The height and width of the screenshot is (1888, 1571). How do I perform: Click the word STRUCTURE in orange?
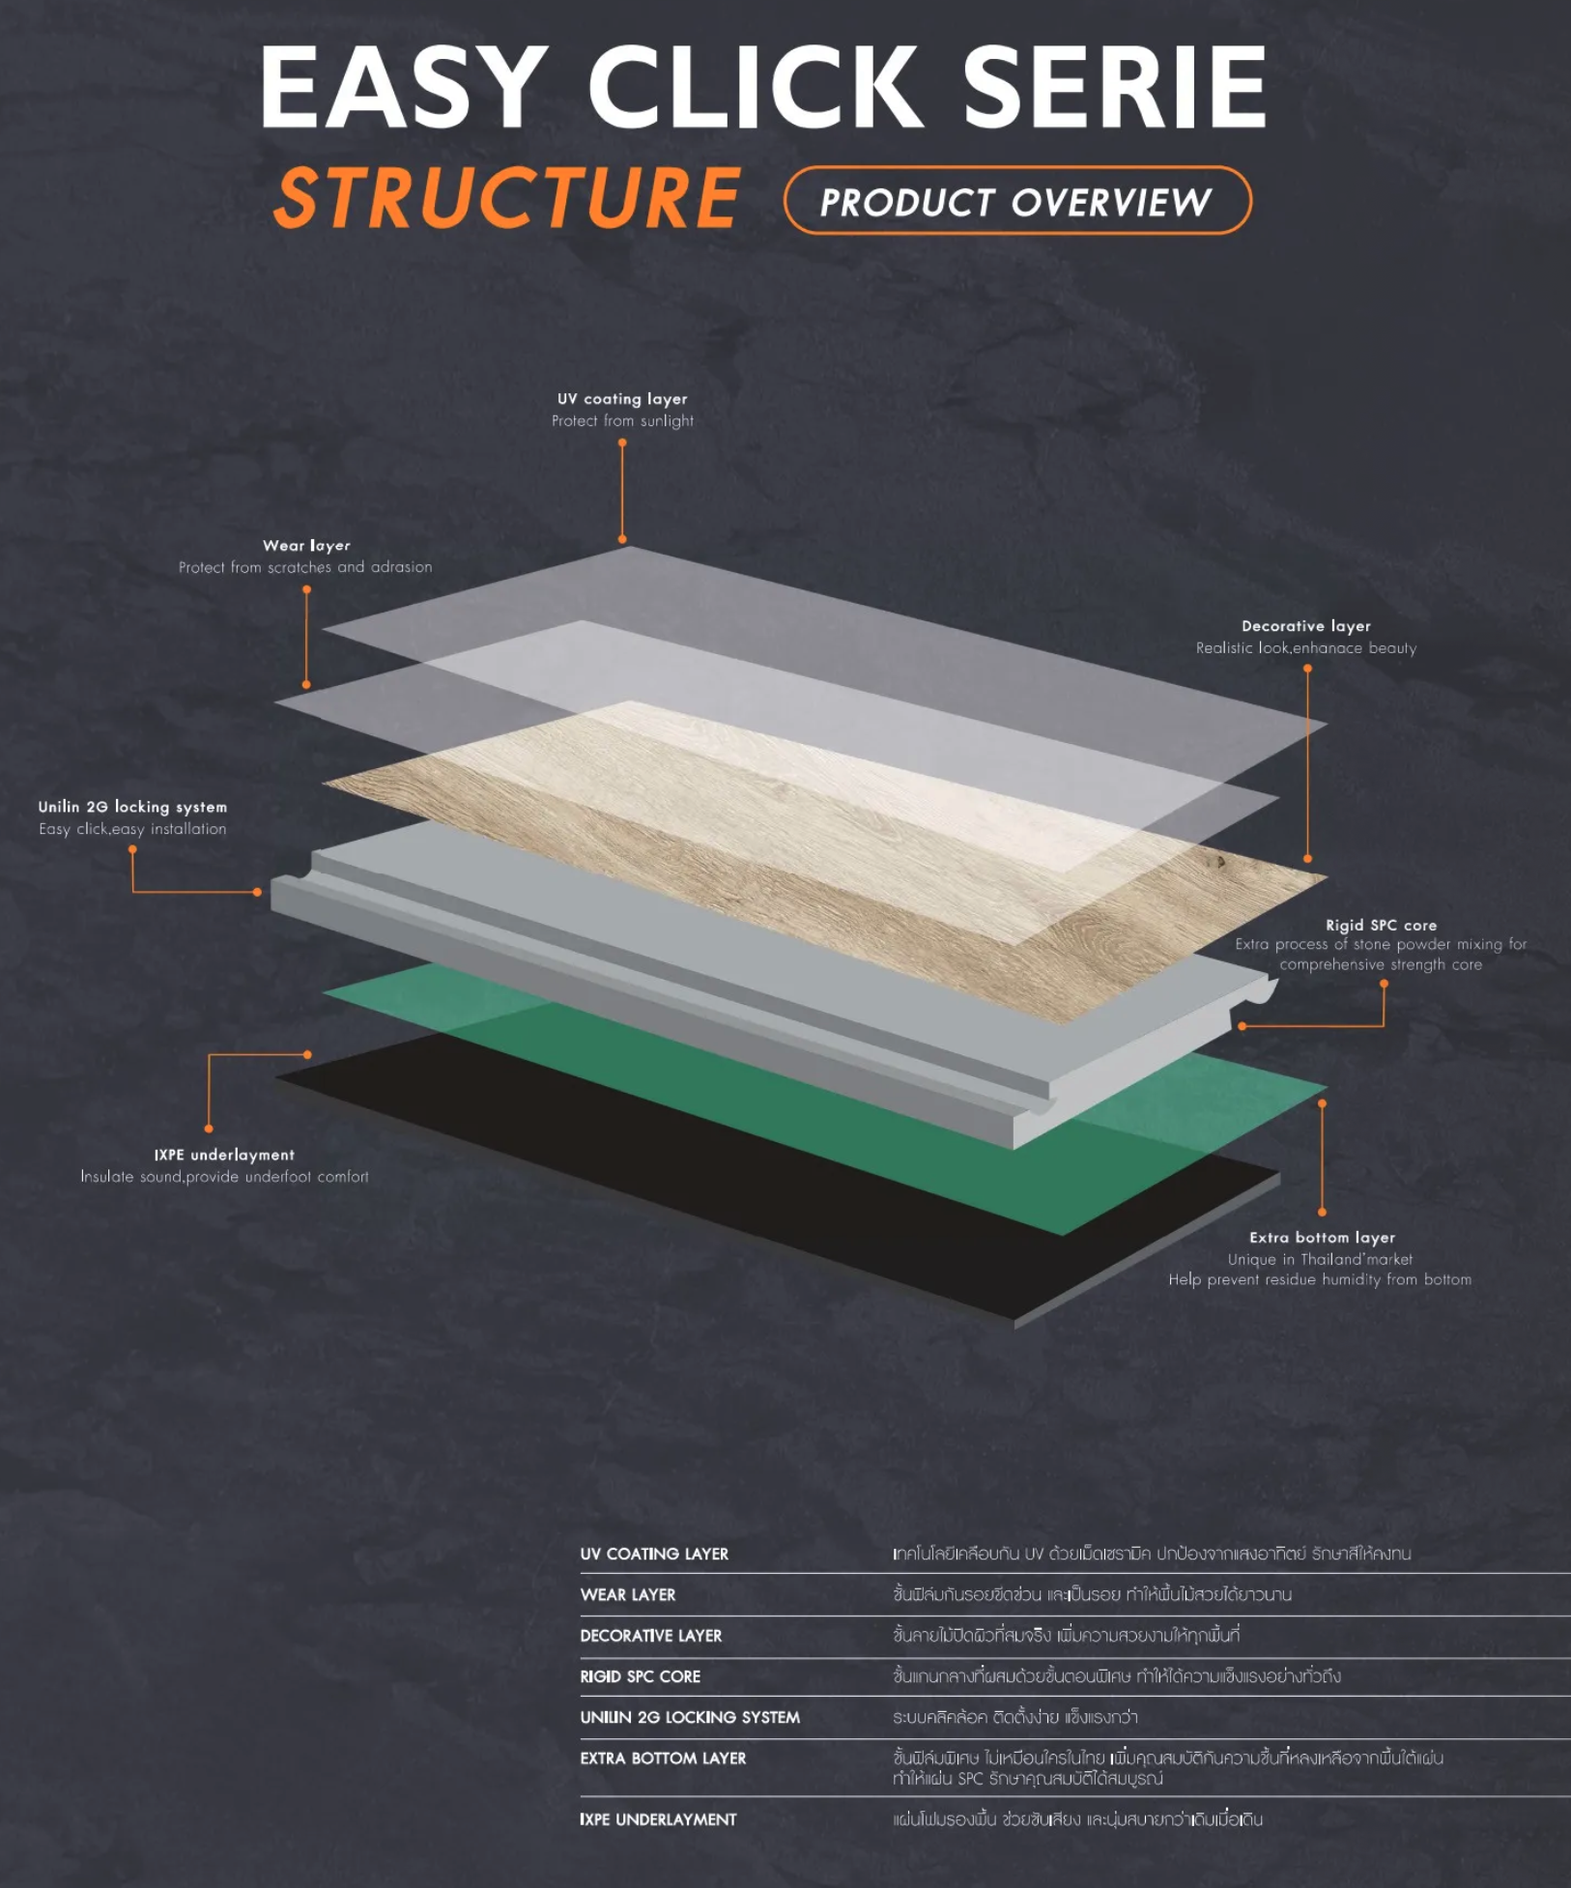click(508, 198)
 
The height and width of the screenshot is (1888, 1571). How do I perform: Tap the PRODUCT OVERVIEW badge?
click(1016, 201)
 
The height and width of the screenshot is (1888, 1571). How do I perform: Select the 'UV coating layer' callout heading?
click(622, 399)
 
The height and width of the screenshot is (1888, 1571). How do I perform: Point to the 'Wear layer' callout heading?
click(306, 546)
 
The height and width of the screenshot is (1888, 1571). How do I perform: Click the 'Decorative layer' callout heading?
click(1305, 626)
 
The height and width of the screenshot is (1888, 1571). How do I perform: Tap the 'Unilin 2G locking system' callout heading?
click(132, 807)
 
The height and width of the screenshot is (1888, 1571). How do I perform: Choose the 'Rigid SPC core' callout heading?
click(1381, 925)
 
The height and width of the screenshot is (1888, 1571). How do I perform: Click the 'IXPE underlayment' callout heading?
click(224, 1155)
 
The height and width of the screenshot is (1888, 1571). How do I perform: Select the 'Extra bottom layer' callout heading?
click(1322, 1238)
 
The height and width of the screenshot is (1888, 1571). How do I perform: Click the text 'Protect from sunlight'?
click(622, 421)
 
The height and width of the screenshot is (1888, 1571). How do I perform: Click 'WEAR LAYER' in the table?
click(628, 1595)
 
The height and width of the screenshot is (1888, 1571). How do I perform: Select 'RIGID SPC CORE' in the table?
click(640, 1676)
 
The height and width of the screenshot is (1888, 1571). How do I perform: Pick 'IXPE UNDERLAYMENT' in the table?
click(658, 1819)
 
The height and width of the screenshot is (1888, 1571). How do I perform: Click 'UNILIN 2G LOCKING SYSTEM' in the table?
click(690, 1717)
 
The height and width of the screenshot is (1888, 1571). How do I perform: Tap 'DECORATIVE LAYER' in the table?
click(650, 1636)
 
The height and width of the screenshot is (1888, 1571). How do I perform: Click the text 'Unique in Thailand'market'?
click(1320, 1259)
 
